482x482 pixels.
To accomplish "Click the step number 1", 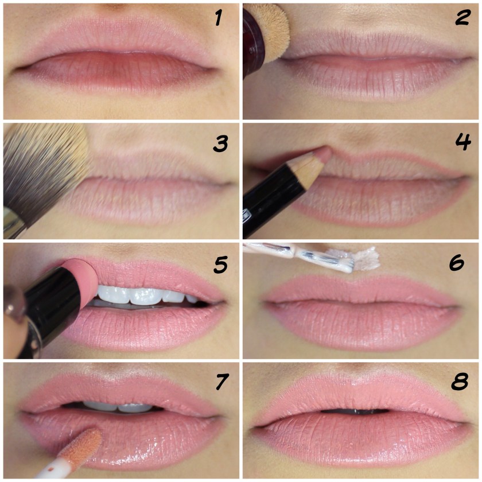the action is point(218,18).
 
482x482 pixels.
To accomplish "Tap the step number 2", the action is point(462,18).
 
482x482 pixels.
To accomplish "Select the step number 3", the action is point(220,143).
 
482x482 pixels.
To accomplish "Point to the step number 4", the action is point(463,142).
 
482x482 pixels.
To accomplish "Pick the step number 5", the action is point(220,265).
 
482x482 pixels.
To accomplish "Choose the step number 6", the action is point(457,262).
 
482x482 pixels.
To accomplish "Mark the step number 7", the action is point(222,382).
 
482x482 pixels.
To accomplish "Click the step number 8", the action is point(460,382).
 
